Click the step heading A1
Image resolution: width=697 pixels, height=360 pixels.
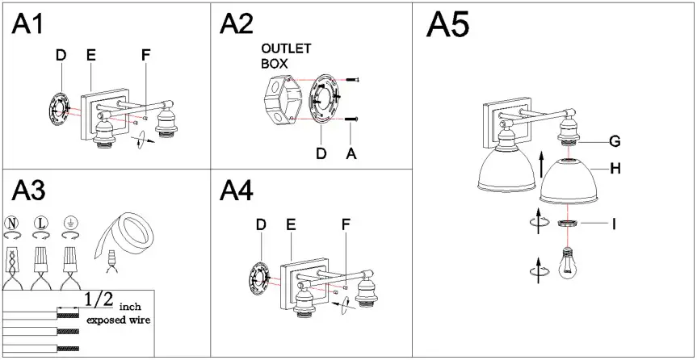(27, 24)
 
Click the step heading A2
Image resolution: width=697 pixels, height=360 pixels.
(236, 24)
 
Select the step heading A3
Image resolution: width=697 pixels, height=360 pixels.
(27, 191)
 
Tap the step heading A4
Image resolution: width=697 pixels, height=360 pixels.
(236, 191)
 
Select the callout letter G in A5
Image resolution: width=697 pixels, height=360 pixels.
(614, 142)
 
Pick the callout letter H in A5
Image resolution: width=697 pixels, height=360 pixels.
(615, 170)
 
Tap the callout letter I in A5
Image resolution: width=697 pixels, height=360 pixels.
(613, 224)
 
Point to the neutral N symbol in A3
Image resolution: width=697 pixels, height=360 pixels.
(12, 222)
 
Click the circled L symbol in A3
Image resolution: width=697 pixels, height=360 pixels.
(40, 222)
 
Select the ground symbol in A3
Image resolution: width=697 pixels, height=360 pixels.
(70, 222)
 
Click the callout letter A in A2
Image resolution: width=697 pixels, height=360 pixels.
(351, 153)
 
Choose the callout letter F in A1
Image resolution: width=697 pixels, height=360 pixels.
(145, 55)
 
